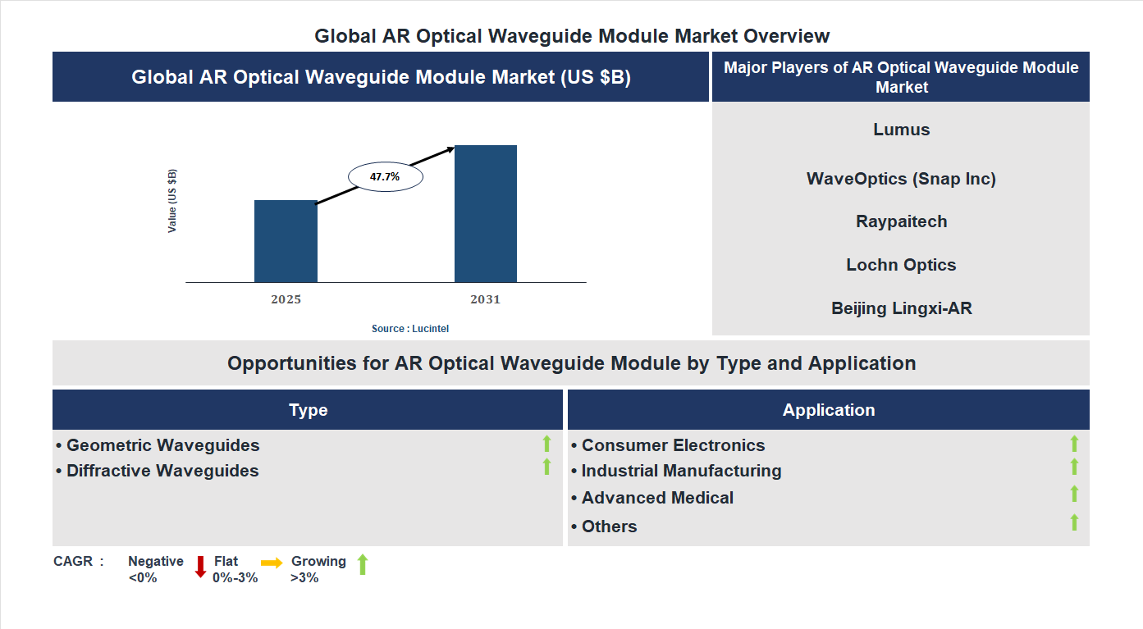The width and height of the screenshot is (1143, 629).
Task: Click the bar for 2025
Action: pyautogui.click(x=286, y=241)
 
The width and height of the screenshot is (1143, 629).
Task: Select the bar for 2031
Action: pyautogui.click(x=486, y=214)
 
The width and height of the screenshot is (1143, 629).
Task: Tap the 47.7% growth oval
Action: pyautogui.click(x=385, y=176)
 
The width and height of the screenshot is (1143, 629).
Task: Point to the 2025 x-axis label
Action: pyautogui.click(x=286, y=299)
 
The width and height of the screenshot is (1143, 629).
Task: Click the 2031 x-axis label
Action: pyautogui.click(x=485, y=299)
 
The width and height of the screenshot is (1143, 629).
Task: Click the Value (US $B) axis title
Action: pyautogui.click(x=172, y=201)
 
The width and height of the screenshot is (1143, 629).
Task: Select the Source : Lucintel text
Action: pyautogui.click(x=410, y=329)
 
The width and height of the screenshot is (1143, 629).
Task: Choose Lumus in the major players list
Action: pyautogui.click(x=901, y=130)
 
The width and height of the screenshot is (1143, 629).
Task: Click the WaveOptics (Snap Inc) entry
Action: pyautogui.click(x=901, y=179)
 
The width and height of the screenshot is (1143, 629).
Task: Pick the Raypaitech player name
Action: pyautogui.click(x=901, y=221)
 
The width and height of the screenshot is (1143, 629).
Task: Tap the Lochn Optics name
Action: pyautogui.click(x=901, y=265)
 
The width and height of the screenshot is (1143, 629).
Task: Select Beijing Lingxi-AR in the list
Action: pyautogui.click(x=901, y=308)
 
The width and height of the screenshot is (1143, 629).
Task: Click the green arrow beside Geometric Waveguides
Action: pyautogui.click(x=546, y=444)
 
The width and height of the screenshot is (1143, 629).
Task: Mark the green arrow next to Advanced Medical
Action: pyautogui.click(x=1074, y=494)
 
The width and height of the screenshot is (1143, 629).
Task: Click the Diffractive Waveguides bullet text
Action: pyautogui.click(x=162, y=471)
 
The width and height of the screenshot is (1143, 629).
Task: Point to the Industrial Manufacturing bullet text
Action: pyautogui.click(x=681, y=471)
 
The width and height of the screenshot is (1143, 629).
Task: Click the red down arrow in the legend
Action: pyautogui.click(x=200, y=567)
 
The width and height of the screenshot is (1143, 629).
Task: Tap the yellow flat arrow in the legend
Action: pyautogui.click(x=272, y=563)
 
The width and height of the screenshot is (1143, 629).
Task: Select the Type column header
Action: pyautogui.click(x=308, y=410)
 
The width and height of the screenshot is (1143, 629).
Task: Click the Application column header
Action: pyautogui.click(x=828, y=410)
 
